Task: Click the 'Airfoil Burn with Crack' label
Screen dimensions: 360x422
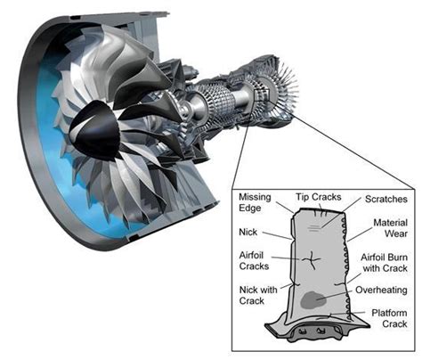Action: click(384, 267)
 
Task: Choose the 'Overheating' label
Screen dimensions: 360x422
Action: click(381, 290)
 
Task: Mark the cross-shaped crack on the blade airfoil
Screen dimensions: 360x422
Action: click(312, 259)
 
